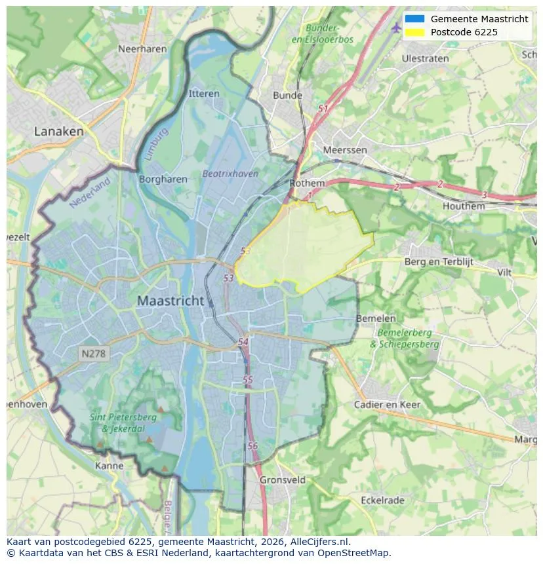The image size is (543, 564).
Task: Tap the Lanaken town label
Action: pyautogui.click(x=59, y=131)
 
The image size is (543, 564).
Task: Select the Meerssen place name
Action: pyautogui.click(x=345, y=150)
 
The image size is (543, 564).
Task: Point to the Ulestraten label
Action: pyautogui.click(x=425, y=58)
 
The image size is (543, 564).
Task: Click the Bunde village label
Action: pyautogui.click(x=287, y=95)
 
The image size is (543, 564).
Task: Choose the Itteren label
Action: pyautogui.click(x=204, y=94)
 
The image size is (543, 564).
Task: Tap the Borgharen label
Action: pyautogui.click(x=163, y=179)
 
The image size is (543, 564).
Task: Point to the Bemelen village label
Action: pyautogui.click(x=376, y=318)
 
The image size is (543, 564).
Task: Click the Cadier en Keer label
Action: pyautogui.click(x=387, y=404)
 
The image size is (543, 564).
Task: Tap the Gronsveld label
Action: pyautogui.click(x=283, y=479)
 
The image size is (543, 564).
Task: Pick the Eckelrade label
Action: pyautogui.click(x=382, y=500)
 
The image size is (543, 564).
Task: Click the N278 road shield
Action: pyautogui.click(x=94, y=354)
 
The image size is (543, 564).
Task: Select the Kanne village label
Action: pyautogui.click(x=109, y=466)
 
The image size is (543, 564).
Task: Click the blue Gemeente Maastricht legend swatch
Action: pyautogui.click(x=414, y=19)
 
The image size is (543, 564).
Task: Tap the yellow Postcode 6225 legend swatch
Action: pyautogui.click(x=414, y=31)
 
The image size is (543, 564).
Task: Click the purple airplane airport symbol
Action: pyautogui.click(x=395, y=28)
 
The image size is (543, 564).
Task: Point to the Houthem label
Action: pyautogui.click(x=464, y=206)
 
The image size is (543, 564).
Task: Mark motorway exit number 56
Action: pyautogui.click(x=253, y=445)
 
